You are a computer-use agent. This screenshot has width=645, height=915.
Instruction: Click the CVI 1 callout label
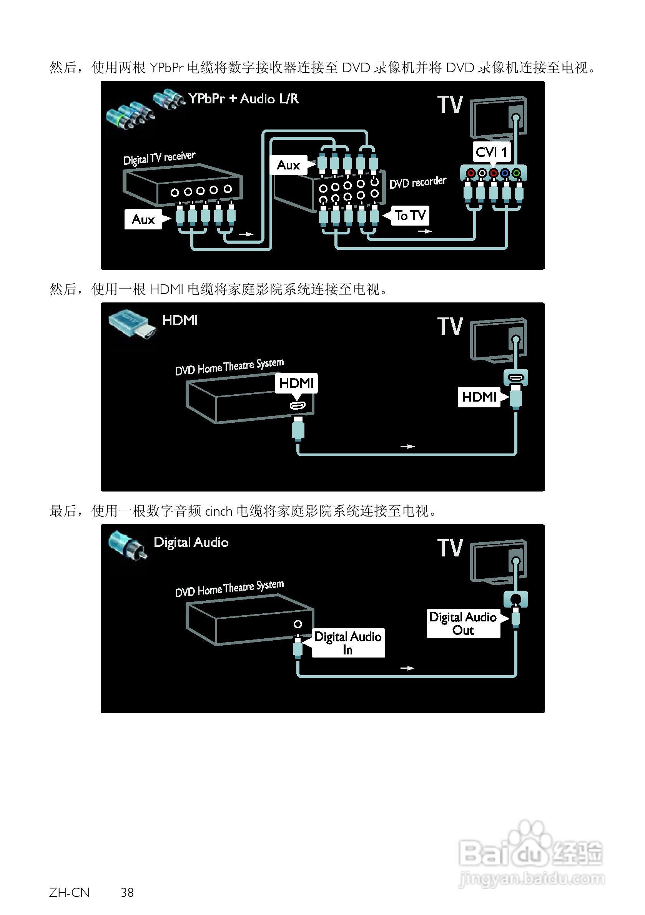tap(491, 152)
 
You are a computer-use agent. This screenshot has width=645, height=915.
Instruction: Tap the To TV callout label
tap(410, 216)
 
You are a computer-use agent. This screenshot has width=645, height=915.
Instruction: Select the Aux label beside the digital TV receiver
tap(143, 219)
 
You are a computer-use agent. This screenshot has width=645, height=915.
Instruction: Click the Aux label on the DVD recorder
tap(289, 165)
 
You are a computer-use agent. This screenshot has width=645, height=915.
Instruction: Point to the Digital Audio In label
tap(348, 643)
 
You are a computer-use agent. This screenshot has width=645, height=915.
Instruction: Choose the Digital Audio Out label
tap(463, 623)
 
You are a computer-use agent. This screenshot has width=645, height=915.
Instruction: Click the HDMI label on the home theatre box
tap(296, 383)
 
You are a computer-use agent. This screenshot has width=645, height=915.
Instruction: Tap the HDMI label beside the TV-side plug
tap(479, 397)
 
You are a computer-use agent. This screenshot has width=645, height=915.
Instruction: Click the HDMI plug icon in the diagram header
tap(131, 324)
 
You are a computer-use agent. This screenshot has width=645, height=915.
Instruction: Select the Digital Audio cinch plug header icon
tap(128, 545)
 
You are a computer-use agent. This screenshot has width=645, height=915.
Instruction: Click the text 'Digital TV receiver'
tap(160, 158)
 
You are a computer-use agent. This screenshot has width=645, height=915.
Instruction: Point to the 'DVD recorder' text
tap(418, 182)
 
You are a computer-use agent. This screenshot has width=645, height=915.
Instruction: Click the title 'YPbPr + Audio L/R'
tap(244, 99)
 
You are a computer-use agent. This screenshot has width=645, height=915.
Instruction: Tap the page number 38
tap(127, 892)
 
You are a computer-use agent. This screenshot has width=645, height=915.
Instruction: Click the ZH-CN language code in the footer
tap(69, 892)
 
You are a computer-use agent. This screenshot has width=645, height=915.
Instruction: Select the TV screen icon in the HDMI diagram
tap(498, 340)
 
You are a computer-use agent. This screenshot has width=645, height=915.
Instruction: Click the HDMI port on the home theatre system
tap(298, 406)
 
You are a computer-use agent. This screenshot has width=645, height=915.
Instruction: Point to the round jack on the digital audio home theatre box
tap(298, 624)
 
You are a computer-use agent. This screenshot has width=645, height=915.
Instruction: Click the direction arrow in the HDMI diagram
tap(407, 446)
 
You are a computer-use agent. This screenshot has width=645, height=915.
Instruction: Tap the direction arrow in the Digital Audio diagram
tap(407, 668)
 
